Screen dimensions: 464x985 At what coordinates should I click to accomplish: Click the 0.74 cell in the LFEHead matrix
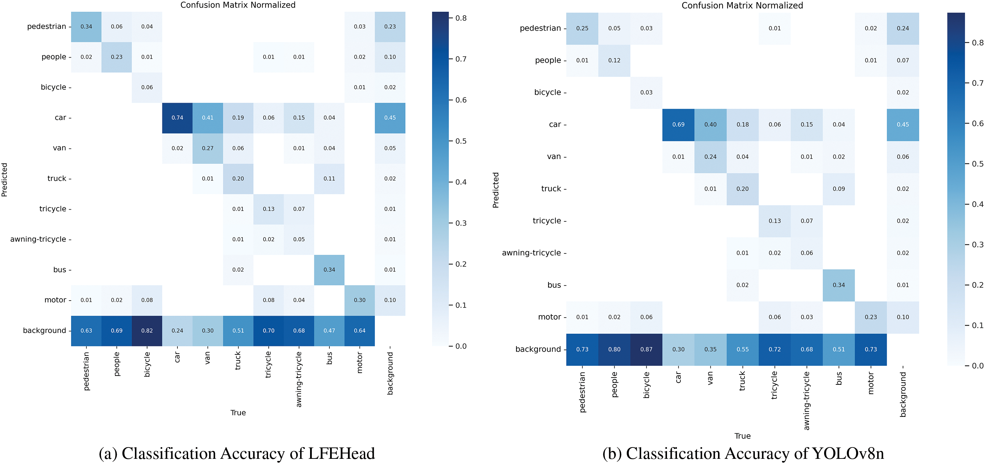point(177,118)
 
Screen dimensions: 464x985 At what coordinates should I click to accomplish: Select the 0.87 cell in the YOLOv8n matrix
point(646,349)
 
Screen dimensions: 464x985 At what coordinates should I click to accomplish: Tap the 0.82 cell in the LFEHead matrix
point(147,331)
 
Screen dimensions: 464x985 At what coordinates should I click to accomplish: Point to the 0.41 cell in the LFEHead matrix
point(208,118)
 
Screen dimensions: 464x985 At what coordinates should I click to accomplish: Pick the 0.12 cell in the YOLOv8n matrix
point(614,60)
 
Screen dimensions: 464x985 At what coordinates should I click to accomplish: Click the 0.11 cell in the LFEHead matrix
point(329,179)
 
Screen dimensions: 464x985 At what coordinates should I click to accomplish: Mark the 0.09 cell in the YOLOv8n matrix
point(839,189)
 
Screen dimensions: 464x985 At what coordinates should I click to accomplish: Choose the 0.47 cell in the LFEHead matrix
point(329,331)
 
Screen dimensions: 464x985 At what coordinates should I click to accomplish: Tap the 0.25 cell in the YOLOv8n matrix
point(582,28)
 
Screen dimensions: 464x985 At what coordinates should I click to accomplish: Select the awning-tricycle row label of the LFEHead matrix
point(38,240)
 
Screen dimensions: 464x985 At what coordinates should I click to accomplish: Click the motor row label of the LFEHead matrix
point(55,300)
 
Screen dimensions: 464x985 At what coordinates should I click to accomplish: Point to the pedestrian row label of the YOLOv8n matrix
point(540,28)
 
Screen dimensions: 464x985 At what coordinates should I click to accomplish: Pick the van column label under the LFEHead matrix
point(208,358)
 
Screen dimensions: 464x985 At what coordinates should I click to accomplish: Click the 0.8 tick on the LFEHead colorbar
point(461,18)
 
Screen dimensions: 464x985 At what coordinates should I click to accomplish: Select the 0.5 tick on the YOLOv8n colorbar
point(978,164)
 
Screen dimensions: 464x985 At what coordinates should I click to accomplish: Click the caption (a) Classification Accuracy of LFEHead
point(237,453)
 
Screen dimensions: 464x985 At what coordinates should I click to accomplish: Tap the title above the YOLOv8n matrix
point(742,6)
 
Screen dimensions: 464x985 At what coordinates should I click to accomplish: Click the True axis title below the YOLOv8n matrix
point(742,436)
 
